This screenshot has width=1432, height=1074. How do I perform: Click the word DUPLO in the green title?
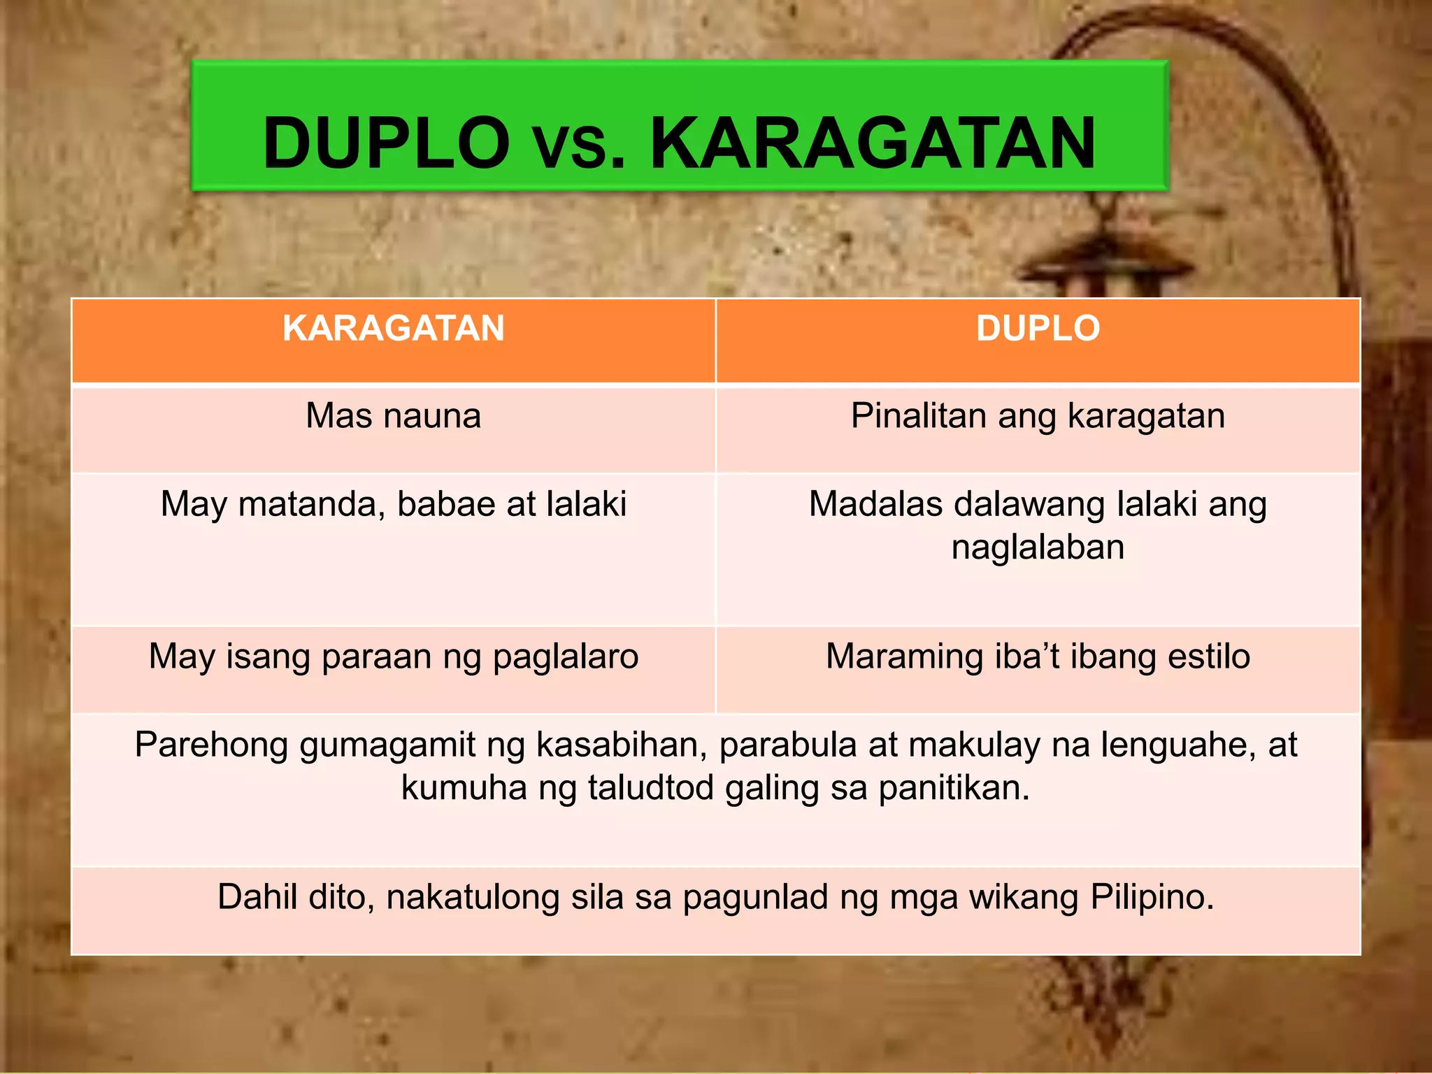tap(386, 143)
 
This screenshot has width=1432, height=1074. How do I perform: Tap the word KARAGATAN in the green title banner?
tap(873, 143)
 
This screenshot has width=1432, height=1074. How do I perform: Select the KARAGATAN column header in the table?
tap(394, 328)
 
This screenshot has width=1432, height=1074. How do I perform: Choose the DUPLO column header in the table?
tap(1038, 328)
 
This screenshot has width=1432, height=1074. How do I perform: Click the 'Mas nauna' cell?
tap(394, 416)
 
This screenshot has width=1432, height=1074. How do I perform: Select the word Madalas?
tap(876, 504)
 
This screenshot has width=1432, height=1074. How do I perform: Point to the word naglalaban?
tap(1038, 547)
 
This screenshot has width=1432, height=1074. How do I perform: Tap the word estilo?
tap(1209, 657)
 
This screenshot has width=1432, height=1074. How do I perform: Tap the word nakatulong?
tap(473, 898)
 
